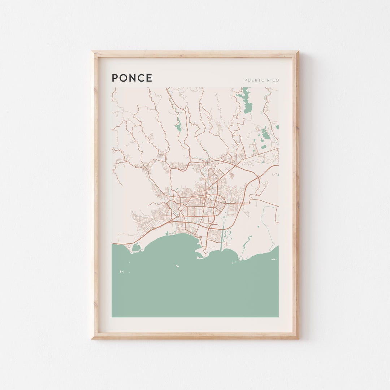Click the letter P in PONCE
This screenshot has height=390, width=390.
point(115,78)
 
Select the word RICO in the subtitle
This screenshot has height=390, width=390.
point(273,80)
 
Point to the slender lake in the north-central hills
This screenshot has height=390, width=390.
point(178,125)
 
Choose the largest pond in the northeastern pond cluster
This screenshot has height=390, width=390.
point(266,135)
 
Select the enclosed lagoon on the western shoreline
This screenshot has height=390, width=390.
point(136,248)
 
